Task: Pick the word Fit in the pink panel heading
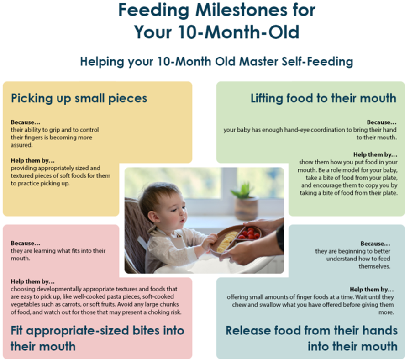click(x=16, y=330)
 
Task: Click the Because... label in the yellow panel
click(x=26, y=122)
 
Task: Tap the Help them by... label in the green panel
click(x=375, y=154)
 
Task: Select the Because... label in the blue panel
click(x=375, y=244)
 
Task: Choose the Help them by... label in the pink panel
click(x=33, y=281)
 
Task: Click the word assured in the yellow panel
click(x=21, y=145)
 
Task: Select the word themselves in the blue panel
click(x=374, y=266)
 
